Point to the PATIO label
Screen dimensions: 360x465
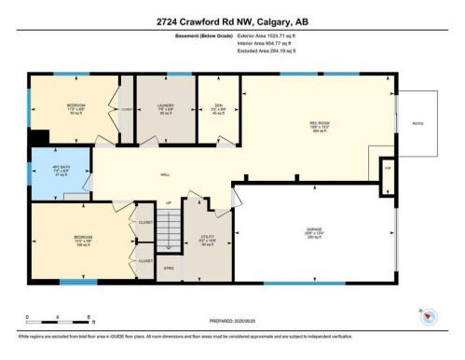pyautogui.click(x=417, y=124)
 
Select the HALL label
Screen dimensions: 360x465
pyautogui.click(x=164, y=173)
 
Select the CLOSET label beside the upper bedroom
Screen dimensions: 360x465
pyautogui.click(x=126, y=109)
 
